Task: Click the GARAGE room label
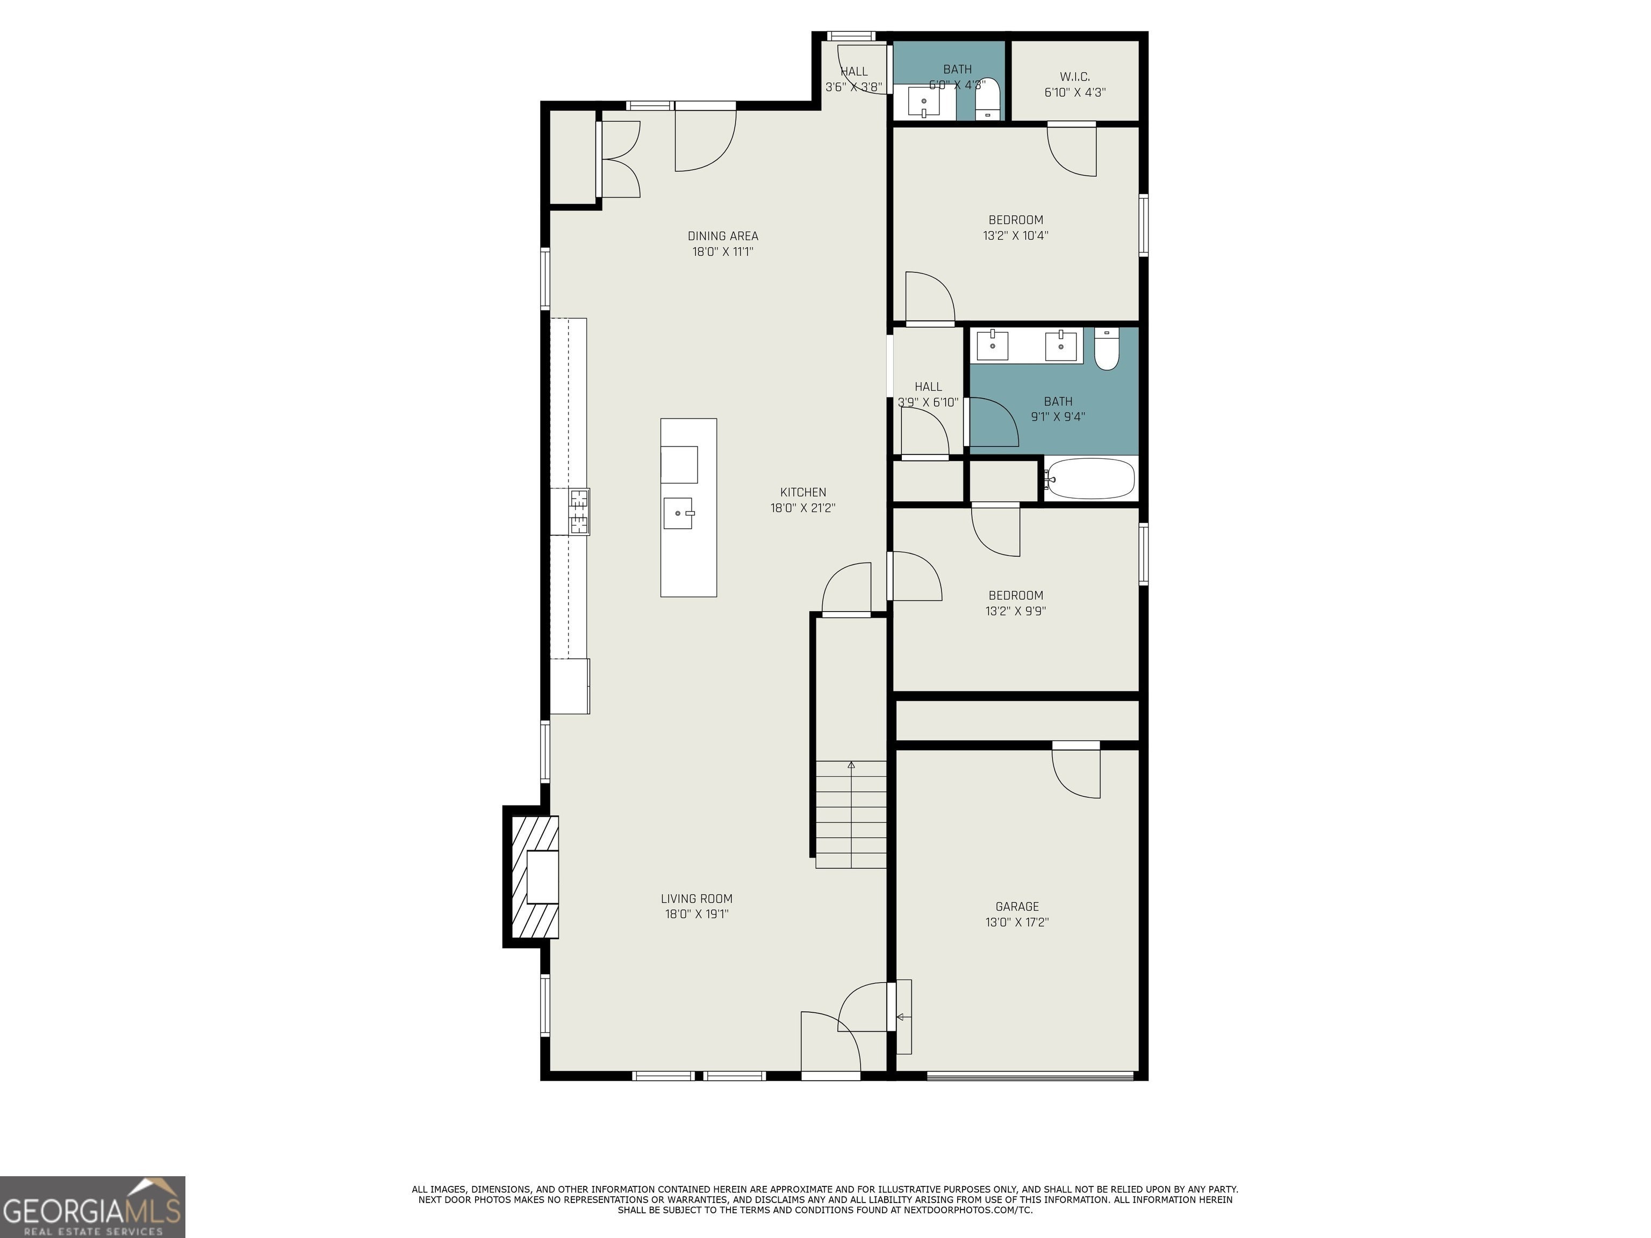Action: (x=1017, y=906)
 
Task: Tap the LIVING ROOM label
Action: (x=697, y=898)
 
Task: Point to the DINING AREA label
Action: (x=722, y=236)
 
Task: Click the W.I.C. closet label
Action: (x=1075, y=77)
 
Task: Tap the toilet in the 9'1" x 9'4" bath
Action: (x=1107, y=349)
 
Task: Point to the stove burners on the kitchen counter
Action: (x=580, y=511)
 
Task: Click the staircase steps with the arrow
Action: (x=851, y=814)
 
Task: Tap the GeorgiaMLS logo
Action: (x=92, y=1207)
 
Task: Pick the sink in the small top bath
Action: (x=924, y=102)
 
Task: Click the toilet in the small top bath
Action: (x=987, y=98)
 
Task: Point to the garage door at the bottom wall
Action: (x=1030, y=1075)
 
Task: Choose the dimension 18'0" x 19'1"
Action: (x=697, y=914)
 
